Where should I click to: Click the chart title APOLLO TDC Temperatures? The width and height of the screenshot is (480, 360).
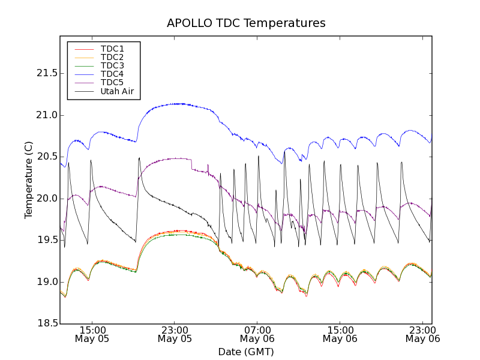[x=246, y=23]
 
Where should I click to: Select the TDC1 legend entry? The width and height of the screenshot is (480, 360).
[x=112, y=49]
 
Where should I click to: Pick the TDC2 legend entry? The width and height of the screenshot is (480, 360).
[x=112, y=57]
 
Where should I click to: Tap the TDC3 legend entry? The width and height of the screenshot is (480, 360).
[x=112, y=65]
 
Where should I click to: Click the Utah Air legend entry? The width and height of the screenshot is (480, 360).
[x=117, y=92]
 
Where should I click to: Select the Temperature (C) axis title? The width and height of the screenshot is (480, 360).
[x=29, y=180]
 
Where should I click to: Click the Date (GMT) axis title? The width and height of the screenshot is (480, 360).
[x=246, y=352]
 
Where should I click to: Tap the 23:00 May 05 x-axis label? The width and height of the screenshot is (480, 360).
[x=175, y=334]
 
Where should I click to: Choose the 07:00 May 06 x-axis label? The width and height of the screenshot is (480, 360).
[x=257, y=334]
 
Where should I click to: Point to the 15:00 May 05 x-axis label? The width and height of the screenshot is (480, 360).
[x=92, y=334]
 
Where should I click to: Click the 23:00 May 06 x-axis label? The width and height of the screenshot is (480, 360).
[x=423, y=334]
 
